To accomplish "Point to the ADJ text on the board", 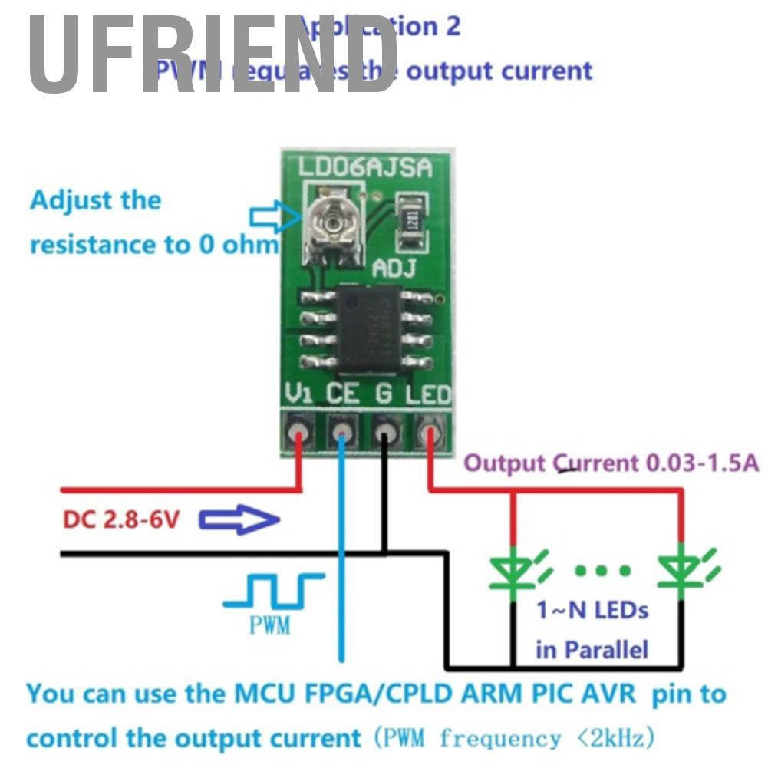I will [x=394, y=269].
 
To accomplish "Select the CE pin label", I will [x=342, y=394].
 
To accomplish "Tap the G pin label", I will [x=384, y=394].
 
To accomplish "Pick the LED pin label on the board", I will [x=428, y=394].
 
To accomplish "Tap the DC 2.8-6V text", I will [x=121, y=520].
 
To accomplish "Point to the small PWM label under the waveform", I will [x=270, y=625].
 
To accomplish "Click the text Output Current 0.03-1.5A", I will [x=611, y=463].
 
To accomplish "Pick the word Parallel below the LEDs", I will [x=603, y=650].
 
